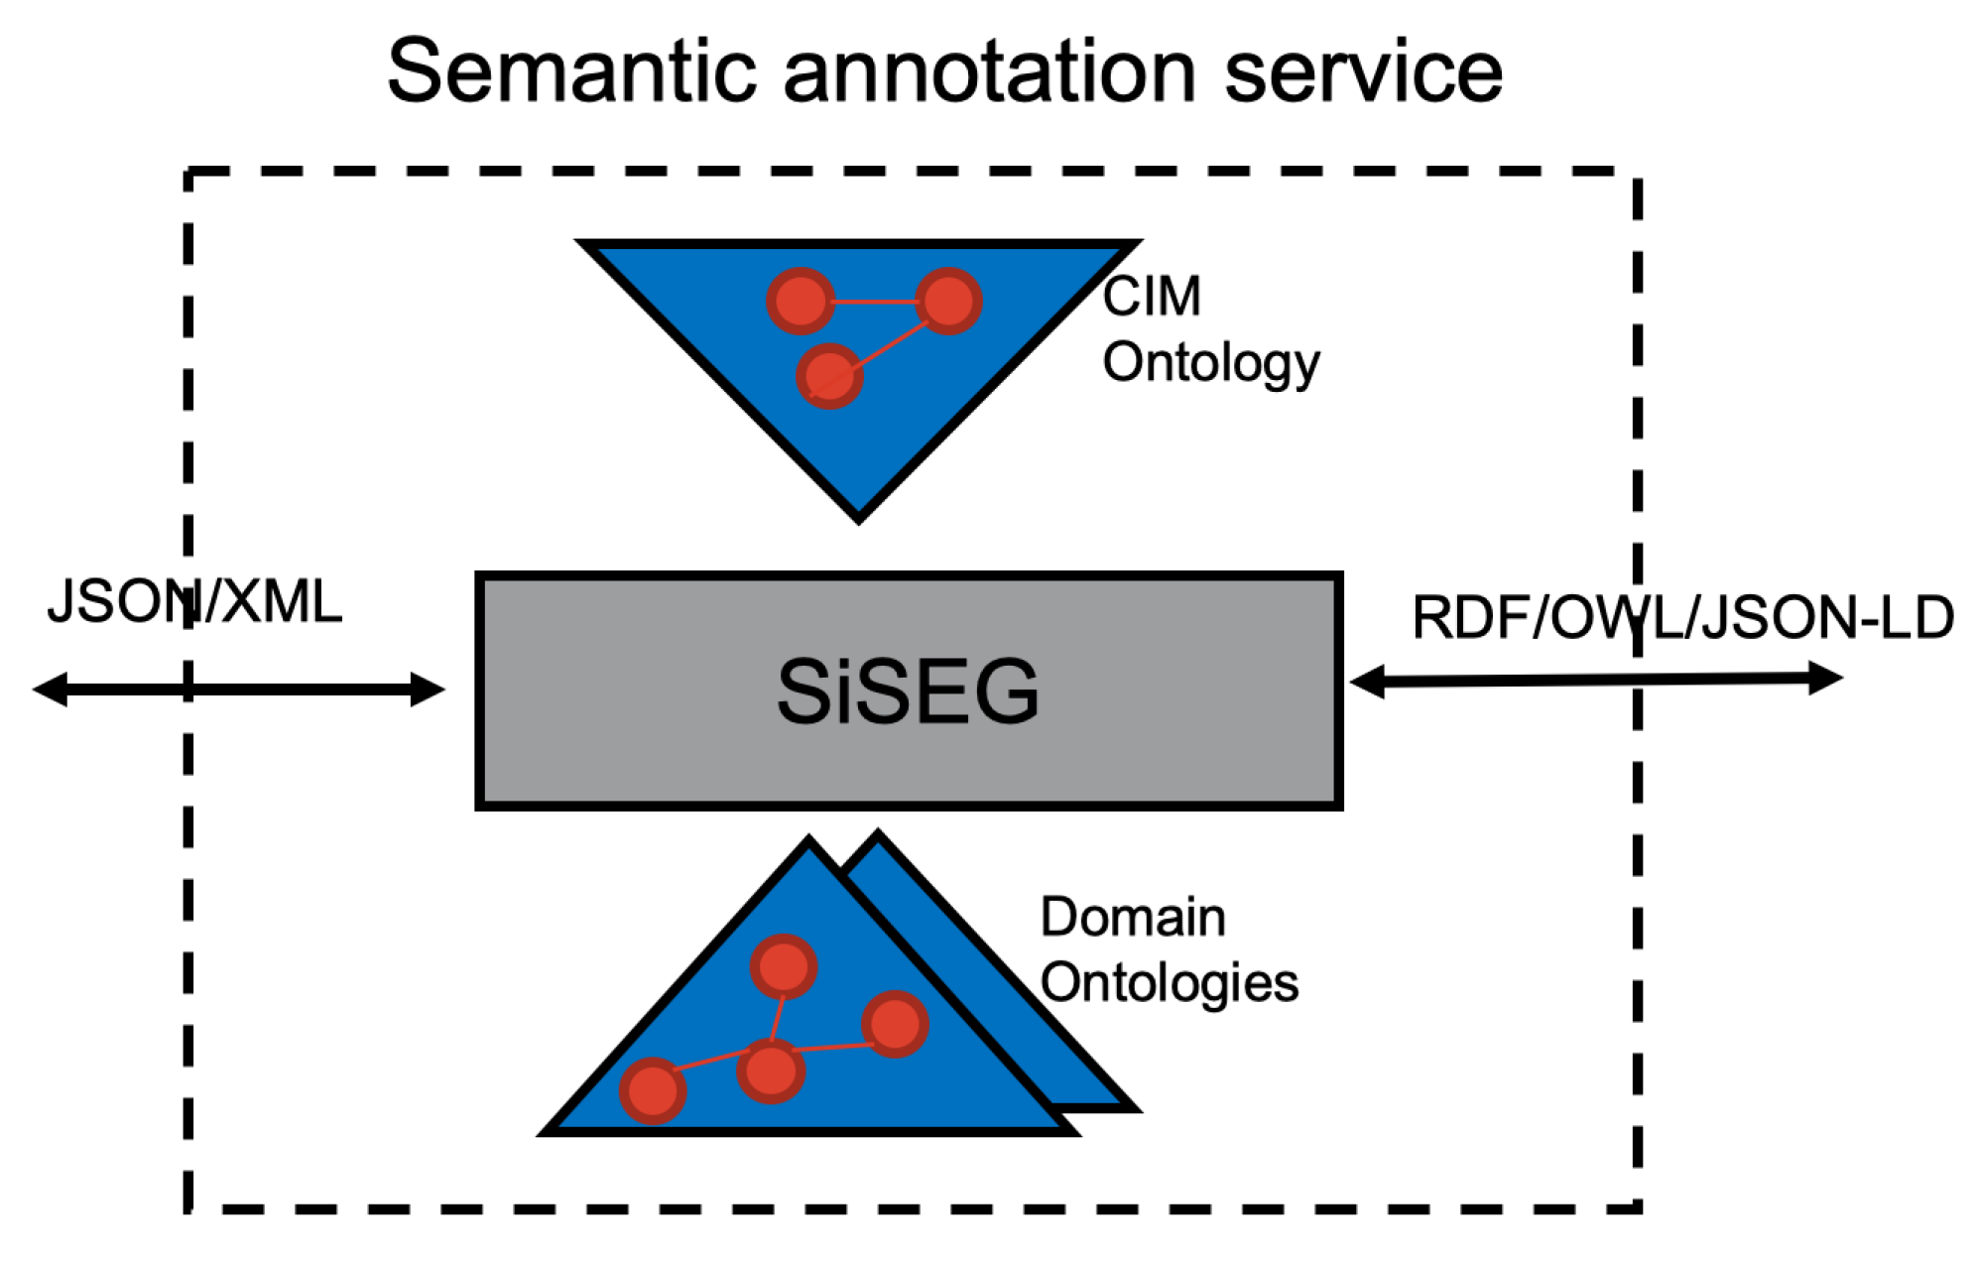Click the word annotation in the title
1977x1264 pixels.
point(989,71)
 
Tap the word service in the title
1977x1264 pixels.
point(1363,71)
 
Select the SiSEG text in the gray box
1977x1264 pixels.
point(907,692)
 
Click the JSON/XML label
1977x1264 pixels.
point(194,601)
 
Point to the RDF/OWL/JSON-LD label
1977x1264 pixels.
point(1681,617)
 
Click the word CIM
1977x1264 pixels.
point(1151,296)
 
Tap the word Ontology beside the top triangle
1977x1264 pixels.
point(1210,363)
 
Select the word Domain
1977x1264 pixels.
point(1132,917)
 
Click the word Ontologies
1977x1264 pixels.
point(1169,983)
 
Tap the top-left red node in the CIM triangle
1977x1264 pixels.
point(800,301)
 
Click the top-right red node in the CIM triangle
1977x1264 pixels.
point(948,301)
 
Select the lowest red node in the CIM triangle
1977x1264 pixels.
point(829,376)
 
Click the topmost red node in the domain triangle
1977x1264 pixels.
point(783,966)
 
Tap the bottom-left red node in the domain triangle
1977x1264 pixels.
point(653,1090)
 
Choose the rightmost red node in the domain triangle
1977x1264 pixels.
point(895,1024)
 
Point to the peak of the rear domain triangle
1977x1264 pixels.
point(877,836)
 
